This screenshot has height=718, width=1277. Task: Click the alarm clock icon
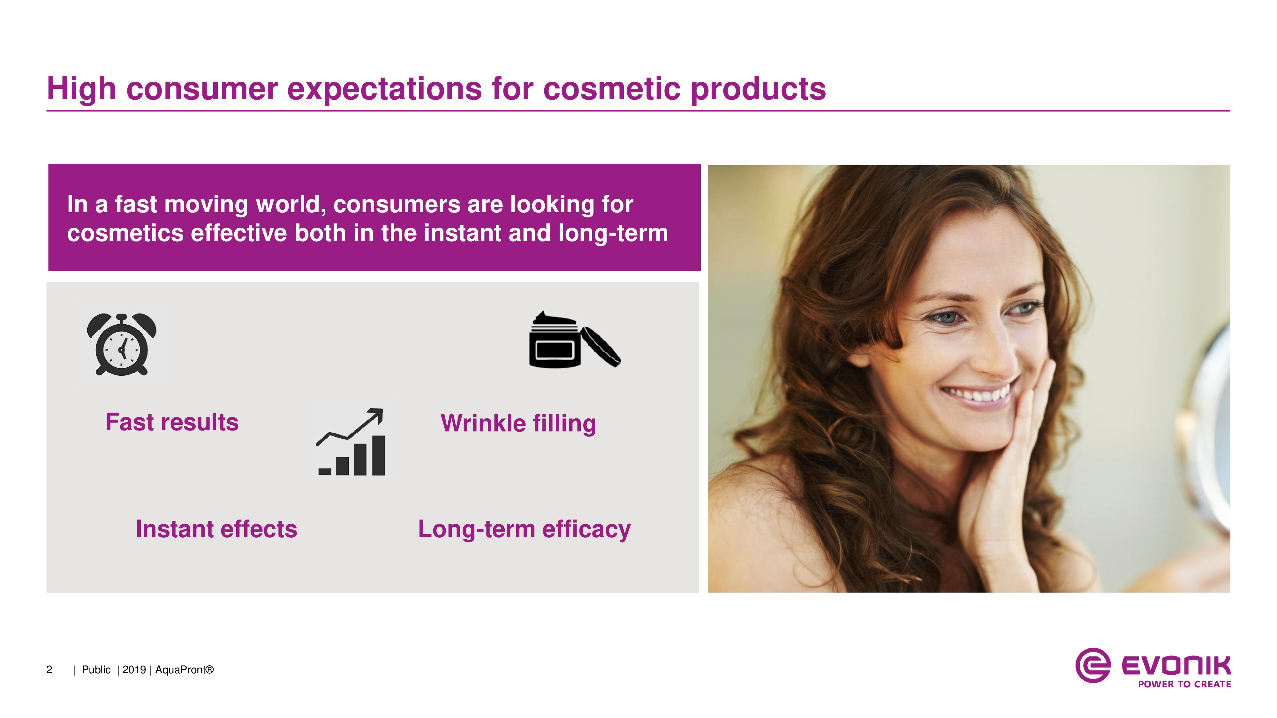[121, 344]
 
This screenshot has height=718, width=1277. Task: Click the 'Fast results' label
[172, 422]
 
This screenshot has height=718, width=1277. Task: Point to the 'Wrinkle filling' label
[518, 424]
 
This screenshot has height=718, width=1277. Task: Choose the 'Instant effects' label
[217, 529]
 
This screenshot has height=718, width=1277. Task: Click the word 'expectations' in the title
[385, 89]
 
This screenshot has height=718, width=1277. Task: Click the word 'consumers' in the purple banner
[397, 205]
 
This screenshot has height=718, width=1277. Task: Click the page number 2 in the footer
[49, 670]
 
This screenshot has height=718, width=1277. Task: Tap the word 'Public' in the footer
[96, 670]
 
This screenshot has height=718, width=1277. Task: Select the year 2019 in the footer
[134, 670]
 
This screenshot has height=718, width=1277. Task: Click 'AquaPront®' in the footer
[185, 670]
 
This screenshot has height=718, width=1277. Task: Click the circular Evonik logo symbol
[1092, 665]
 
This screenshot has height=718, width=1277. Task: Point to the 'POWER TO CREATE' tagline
[1184, 684]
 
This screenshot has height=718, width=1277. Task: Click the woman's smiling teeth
[976, 395]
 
